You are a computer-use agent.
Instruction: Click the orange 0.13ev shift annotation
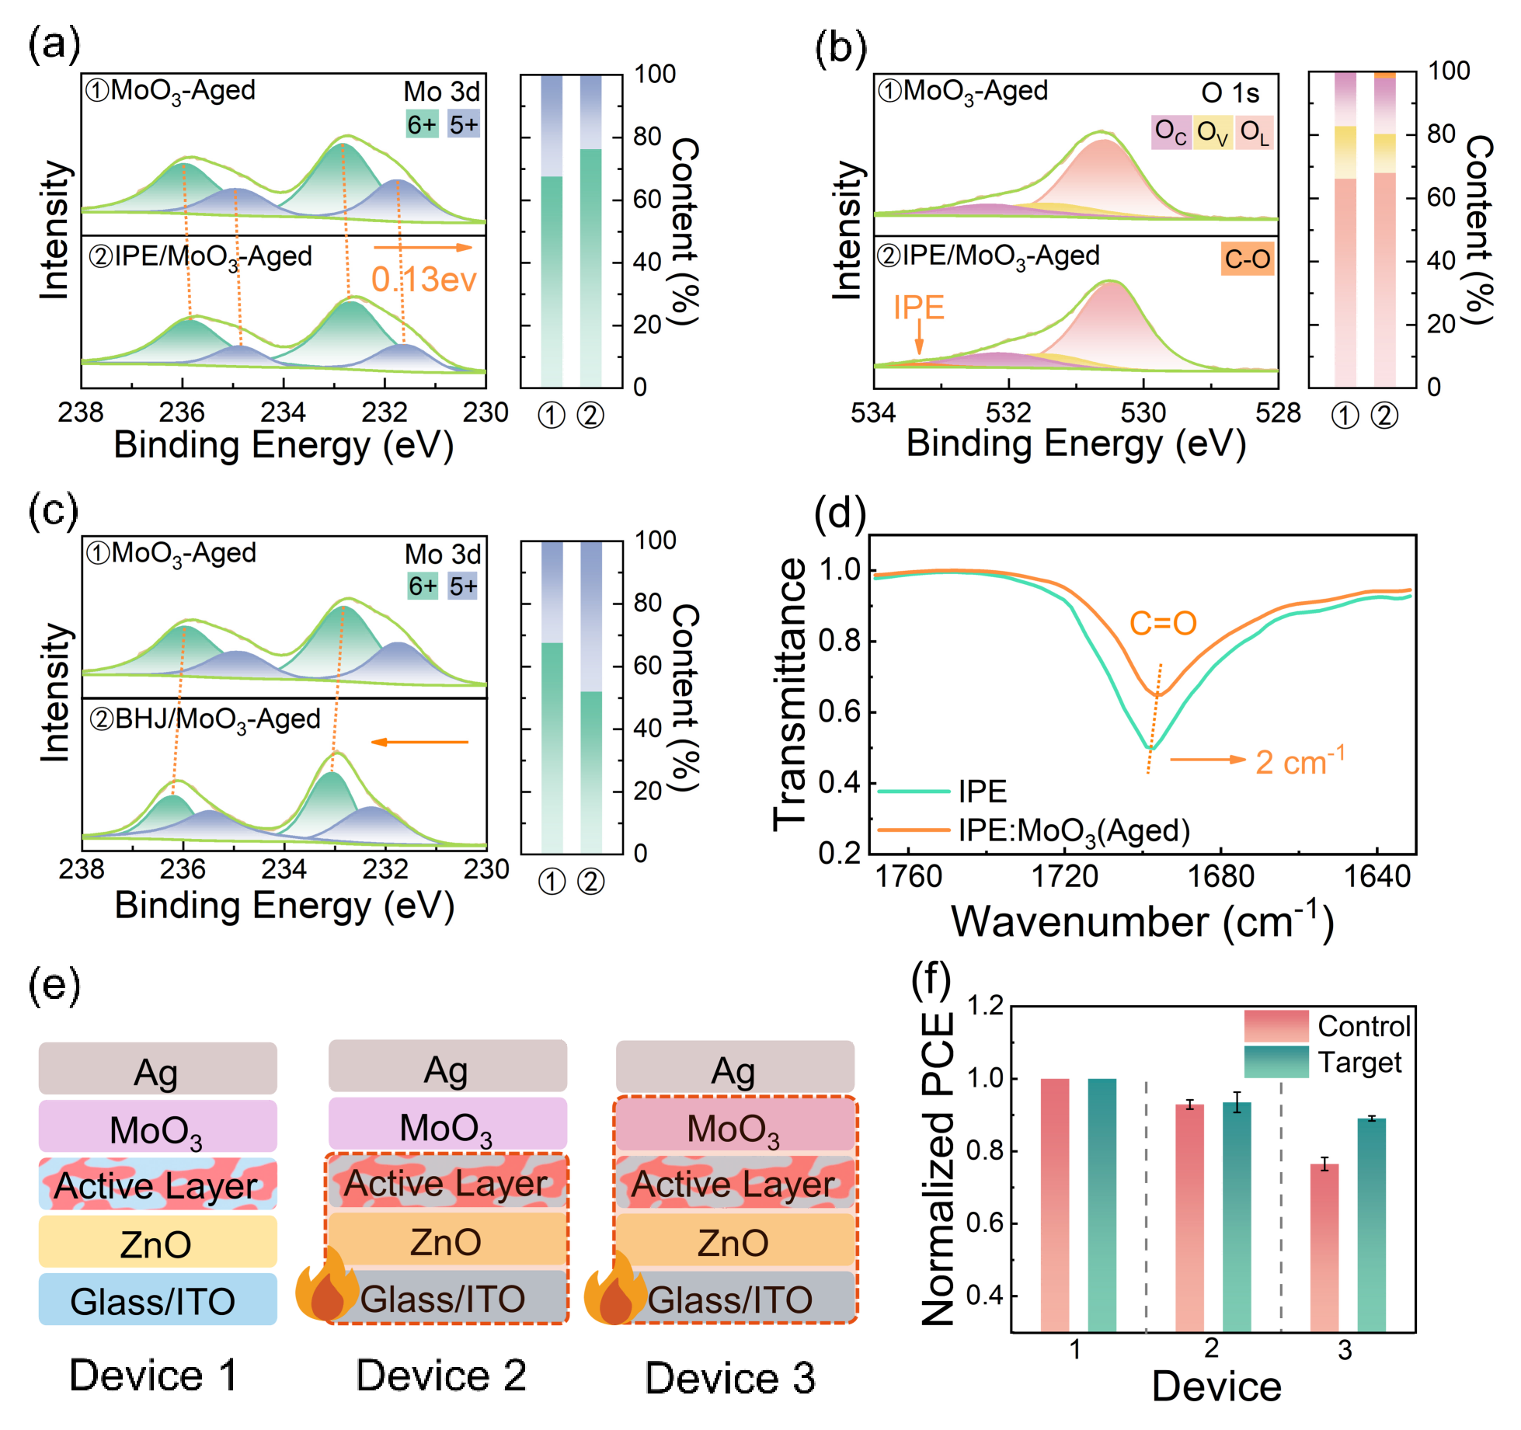(423, 280)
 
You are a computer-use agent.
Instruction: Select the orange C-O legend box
(1248, 259)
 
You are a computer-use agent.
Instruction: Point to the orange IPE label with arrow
(919, 308)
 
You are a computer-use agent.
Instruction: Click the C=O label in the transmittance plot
(1163, 623)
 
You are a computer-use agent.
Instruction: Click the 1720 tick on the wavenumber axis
(1064, 876)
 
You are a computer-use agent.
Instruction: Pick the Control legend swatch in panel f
(1276, 1026)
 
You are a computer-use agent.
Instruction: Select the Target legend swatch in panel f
(1276, 1062)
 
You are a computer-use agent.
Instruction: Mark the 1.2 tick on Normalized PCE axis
(985, 1007)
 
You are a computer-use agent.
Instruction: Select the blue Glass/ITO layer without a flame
(158, 1300)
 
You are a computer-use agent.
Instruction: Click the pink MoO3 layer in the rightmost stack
(734, 1126)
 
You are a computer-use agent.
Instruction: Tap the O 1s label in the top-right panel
(1230, 93)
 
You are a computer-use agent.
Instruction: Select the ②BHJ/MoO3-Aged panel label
(205, 719)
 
